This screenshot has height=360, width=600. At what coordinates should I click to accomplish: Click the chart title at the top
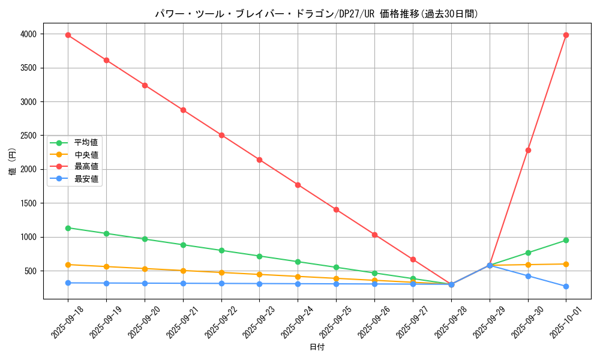(x=317, y=14)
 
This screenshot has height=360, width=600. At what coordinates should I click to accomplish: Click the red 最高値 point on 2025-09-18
(x=68, y=35)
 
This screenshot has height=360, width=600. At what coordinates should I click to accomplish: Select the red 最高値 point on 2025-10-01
(x=566, y=35)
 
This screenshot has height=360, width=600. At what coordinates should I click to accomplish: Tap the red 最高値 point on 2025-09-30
(x=528, y=150)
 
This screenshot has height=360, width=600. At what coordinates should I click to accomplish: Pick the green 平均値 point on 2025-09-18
(x=68, y=228)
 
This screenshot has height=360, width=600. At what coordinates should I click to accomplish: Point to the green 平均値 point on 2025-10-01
(x=566, y=240)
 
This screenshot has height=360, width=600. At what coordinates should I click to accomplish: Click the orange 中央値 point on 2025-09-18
(x=68, y=265)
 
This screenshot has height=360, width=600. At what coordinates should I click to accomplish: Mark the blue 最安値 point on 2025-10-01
(x=566, y=286)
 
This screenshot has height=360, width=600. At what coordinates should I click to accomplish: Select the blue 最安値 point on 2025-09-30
(x=528, y=276)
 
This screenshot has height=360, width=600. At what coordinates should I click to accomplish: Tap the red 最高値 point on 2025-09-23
(x=260, y=160)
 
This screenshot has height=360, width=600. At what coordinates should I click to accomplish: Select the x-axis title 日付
(x=317, y=347)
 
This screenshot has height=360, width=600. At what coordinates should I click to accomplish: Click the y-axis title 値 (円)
(x=13, y=162)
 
